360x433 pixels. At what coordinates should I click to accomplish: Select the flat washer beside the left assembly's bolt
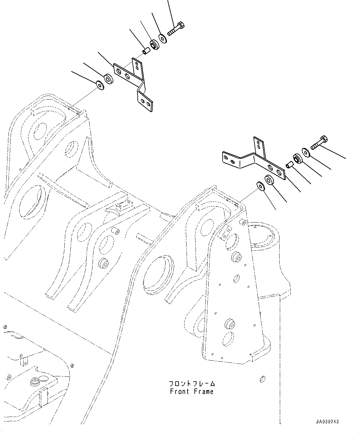163,38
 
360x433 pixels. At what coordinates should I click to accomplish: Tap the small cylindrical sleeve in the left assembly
146,50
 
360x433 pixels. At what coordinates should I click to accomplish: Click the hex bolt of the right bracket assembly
319,143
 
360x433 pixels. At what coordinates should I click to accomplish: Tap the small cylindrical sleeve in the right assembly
289,164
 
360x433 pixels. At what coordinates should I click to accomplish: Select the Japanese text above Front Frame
192,384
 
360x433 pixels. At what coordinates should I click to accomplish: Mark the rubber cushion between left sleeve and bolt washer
154,45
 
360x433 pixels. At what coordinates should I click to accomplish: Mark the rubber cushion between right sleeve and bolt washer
298,159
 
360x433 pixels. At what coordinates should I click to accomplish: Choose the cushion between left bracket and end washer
108,79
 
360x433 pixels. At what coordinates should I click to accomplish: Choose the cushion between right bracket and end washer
269,180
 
